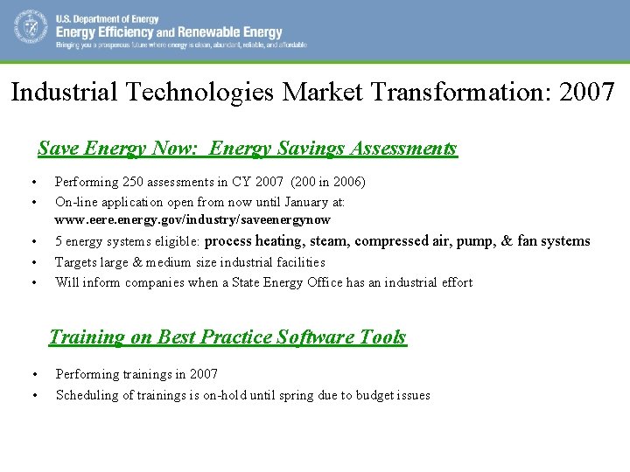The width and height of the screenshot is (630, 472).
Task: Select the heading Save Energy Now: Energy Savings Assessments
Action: [x=248, y=149]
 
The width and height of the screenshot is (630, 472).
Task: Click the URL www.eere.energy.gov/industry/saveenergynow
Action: [x=192, y=220]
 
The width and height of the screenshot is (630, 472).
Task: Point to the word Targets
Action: [x=76, y=262]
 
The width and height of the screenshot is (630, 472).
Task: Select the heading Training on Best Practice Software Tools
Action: [x=227, y=337]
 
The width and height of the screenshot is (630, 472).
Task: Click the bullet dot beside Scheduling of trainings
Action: [x=33, y=396]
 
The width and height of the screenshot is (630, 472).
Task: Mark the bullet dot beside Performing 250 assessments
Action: [x=33, y=183]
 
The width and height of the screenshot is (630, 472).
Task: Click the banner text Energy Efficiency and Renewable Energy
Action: [x=169, y=32]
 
